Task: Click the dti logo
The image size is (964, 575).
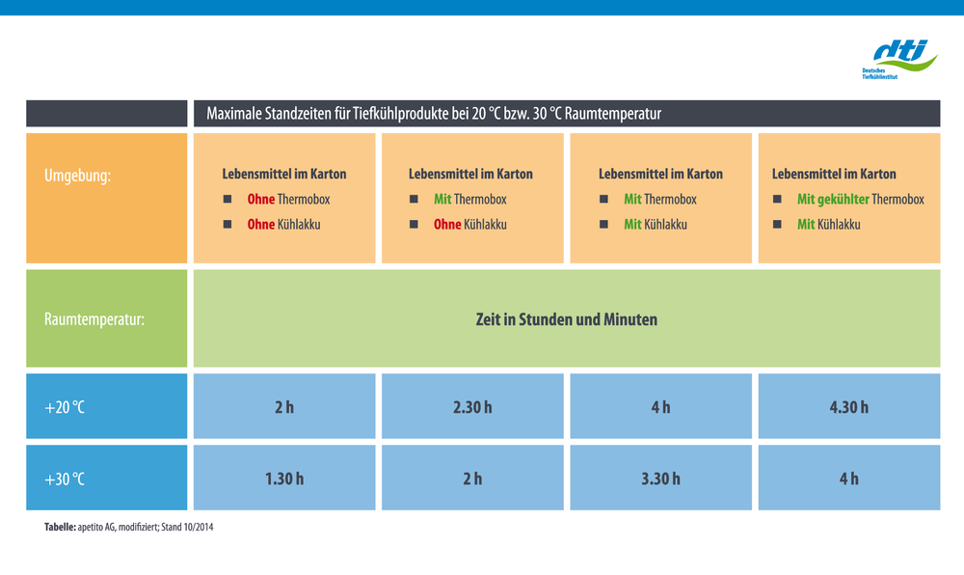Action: tap(899, 59)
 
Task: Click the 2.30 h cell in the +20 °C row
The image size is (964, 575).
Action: tap(472, 406)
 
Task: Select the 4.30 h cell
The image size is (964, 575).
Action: tap(849, 406)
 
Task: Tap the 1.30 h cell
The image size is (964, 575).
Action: tap(284, 478)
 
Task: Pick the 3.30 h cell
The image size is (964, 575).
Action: tap(661, 478)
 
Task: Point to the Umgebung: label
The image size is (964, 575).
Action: tap(77, 176)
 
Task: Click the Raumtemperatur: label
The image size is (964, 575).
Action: tap(94, 319)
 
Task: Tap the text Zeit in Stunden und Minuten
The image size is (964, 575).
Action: tap(566, 319)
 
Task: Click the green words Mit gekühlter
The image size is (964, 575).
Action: tap(833, 200)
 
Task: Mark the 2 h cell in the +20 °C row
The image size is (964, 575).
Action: tap(284, 406)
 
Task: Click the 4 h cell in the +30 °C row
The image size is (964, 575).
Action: tap(849, 478)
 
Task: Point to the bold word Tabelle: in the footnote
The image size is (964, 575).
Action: tap(60, 527)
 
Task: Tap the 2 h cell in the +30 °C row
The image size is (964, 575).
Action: tap(472, 478)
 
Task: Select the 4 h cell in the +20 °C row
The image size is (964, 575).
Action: tap(661, 406)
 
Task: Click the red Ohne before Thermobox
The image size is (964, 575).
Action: tap(260, 200)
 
